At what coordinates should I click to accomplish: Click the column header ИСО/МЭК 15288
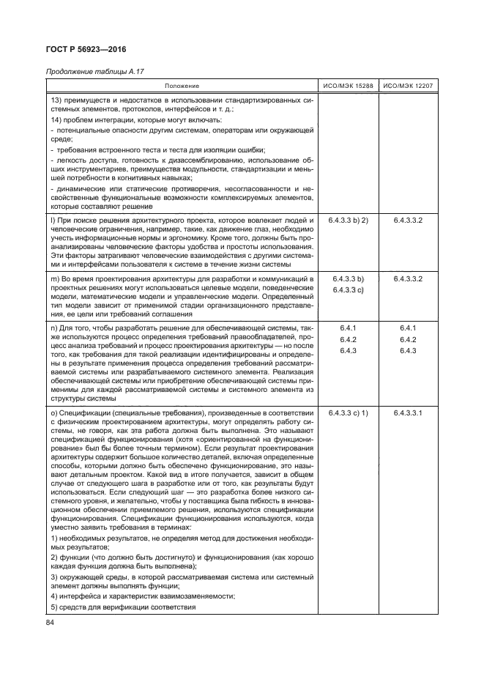(x=348, y=86)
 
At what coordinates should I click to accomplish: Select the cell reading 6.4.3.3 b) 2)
(x=348, y=219)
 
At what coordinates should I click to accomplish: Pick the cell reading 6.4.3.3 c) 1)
(x=348, y=414)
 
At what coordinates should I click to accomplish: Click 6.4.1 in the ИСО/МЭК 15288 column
(x=348, y=328)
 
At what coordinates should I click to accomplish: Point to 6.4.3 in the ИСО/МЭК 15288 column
(x=348, y=352)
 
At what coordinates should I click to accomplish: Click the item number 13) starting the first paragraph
(x=54, y=100)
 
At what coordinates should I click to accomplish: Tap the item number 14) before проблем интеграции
(x=54, y=119)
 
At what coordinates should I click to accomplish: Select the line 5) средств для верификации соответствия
(x=122, y=607)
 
